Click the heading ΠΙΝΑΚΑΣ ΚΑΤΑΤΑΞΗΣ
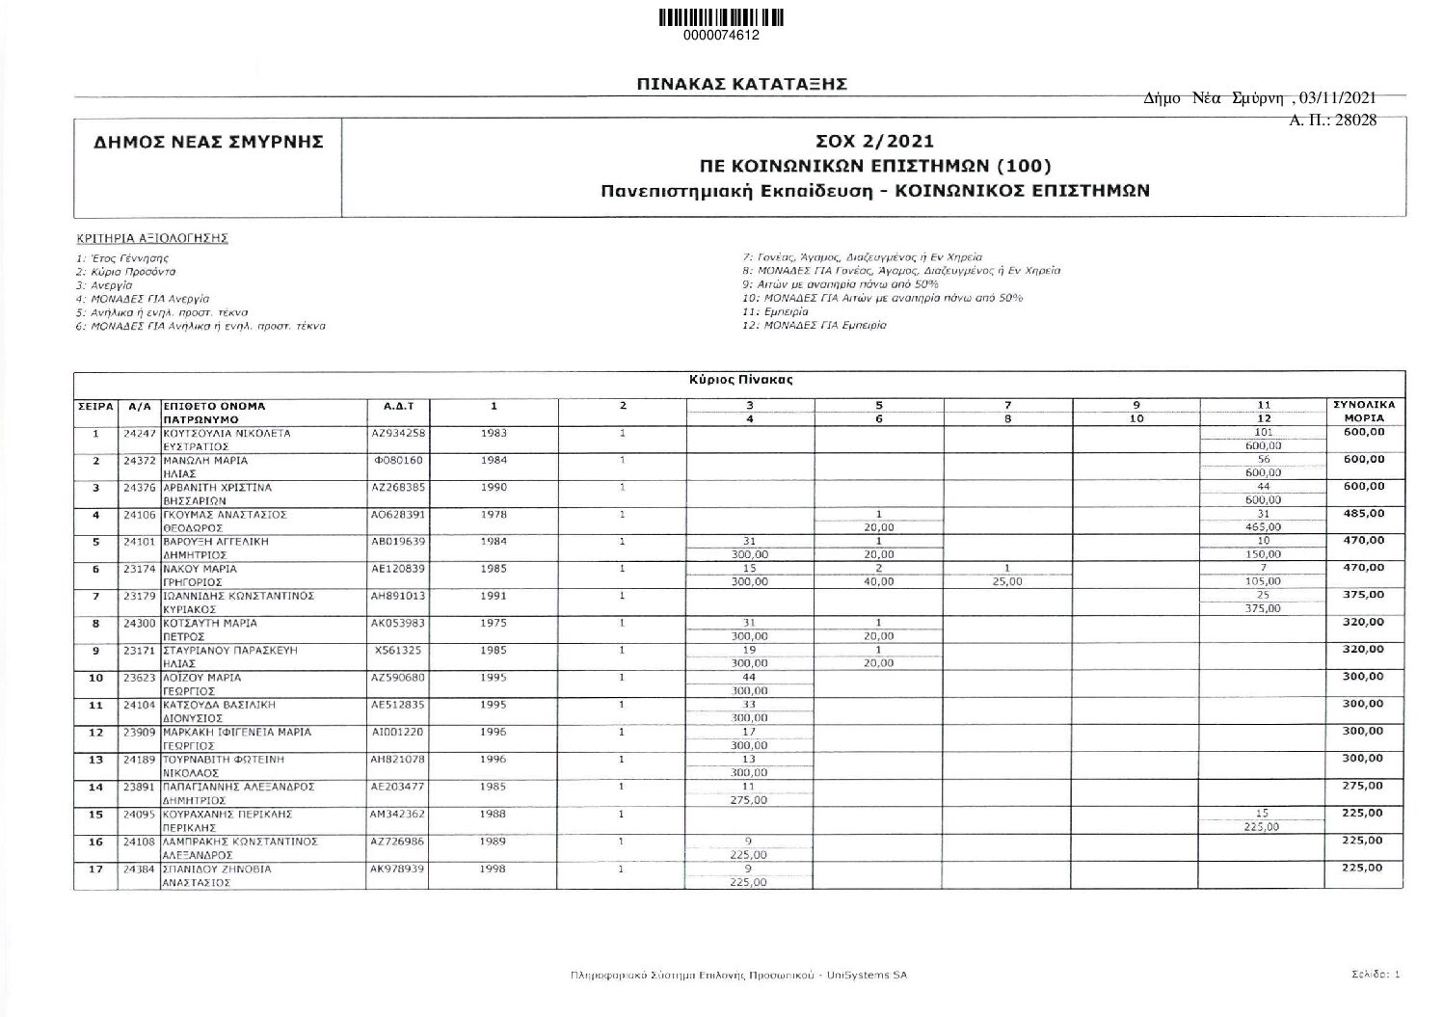pos(741,85)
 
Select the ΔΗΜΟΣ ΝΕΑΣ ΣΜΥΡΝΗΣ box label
pos(207,143)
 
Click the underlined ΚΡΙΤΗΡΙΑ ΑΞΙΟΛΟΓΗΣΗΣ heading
pos(152,237)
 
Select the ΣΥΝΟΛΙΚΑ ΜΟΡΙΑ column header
pos(1363,412)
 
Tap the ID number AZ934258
pos(398,433)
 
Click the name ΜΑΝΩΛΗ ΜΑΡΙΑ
pos(205,461)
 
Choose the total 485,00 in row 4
pos(1363,514)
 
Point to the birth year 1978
pos(494,515)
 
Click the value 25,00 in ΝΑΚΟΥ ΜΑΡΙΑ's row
pos(1006,582)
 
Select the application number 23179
pos(141,596)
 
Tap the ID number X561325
pos(398,650)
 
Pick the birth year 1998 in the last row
pos(494,869)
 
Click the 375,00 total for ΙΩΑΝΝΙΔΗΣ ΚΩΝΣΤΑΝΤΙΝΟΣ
pos(1363,595)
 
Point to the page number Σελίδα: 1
pos(1376,975)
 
